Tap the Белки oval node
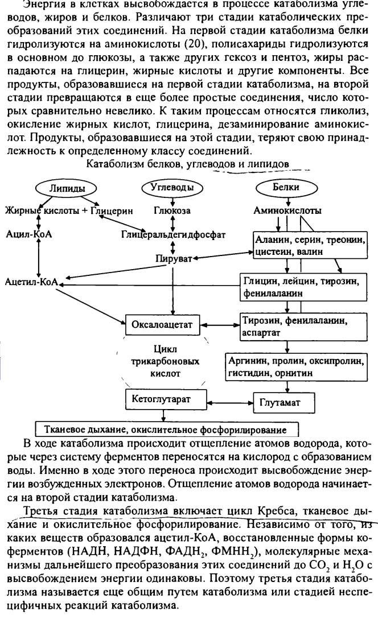click(x=286, y=188)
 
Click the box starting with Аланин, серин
click(x=309, y=245)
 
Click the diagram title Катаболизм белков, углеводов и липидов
click(x=187, y=164)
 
